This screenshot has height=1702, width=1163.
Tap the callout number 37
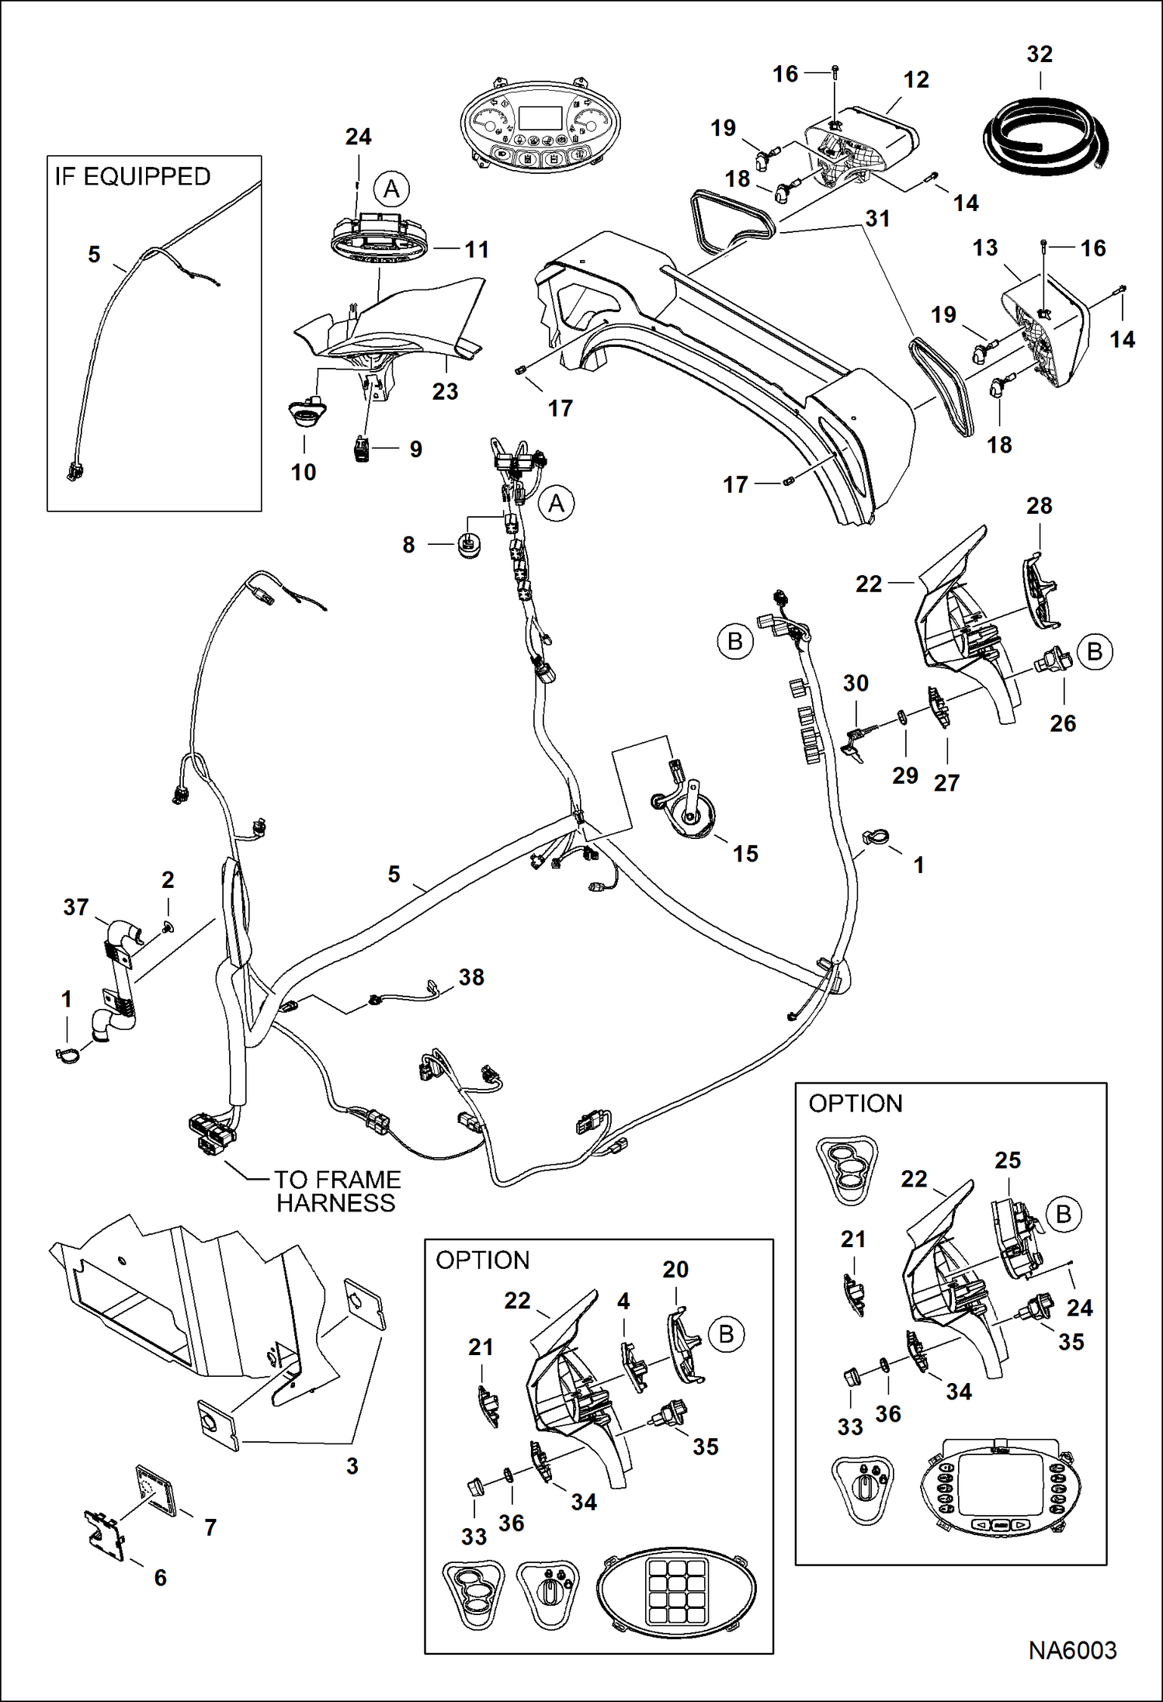tap(76, 906)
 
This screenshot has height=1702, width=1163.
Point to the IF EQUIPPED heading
tap(133, 177)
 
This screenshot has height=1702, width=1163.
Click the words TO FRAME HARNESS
tap(337, 1191)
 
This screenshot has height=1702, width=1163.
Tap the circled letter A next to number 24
tap(391, 189)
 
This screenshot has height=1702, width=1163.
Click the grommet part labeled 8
tap(469, 545)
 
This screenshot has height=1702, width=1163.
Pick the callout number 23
tap(445, 391)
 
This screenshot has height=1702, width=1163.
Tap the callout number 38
tap(471, 976)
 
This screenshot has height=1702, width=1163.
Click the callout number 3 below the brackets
tap(352, 1466)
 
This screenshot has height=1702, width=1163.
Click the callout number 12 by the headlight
tap(916, 79)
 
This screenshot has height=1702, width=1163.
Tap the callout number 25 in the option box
tap(1007, 1160)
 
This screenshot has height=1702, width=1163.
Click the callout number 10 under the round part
tap(304, 472)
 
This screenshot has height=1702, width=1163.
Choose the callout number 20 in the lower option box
tap(675, 1270)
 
